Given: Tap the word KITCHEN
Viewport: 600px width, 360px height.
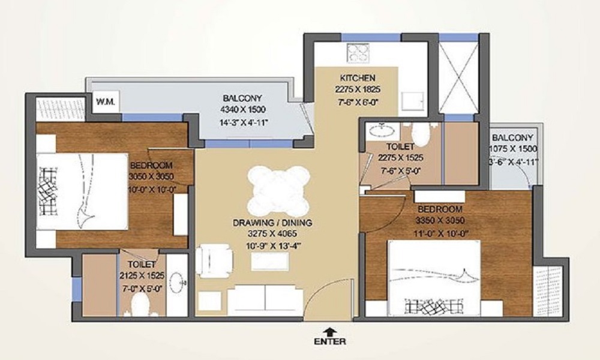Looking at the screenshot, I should coord(358,77).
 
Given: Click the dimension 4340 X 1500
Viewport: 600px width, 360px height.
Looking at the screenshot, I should coord(242,110).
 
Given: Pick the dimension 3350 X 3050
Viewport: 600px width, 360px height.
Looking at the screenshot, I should coord(440,220).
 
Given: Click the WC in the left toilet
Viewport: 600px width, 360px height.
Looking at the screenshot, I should coord(142,304).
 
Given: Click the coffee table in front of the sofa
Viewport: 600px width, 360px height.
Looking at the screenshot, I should coord(268,262).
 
